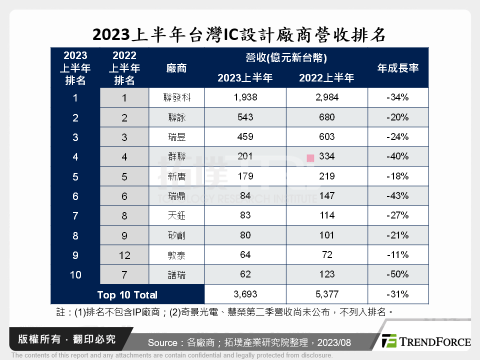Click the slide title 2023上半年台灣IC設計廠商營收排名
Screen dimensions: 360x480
[239, 35]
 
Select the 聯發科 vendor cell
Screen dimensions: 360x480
[177, 98]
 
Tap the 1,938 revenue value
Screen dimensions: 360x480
[245, 97]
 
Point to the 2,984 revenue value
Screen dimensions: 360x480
[327, 97]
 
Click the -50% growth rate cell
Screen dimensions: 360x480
[398, 274]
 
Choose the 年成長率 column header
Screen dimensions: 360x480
[398, 68]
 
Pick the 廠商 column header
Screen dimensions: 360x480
[176, 68]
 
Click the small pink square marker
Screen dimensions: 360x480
[310, 158]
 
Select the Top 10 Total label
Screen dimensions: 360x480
[127, 294]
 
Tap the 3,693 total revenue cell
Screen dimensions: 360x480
[245, 294]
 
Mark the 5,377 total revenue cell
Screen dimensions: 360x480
[327, 294]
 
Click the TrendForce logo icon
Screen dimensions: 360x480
[388, 341]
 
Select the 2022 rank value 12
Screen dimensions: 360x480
[124, 255]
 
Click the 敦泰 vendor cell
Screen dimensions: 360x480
[177, 255]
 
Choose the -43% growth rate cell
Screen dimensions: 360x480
[398, 195]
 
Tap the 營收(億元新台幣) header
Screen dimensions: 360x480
[286, 58]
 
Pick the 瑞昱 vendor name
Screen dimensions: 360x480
[177, 137]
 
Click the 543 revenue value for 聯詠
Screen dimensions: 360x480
[245, 117]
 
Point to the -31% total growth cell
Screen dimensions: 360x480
[398, 294]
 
